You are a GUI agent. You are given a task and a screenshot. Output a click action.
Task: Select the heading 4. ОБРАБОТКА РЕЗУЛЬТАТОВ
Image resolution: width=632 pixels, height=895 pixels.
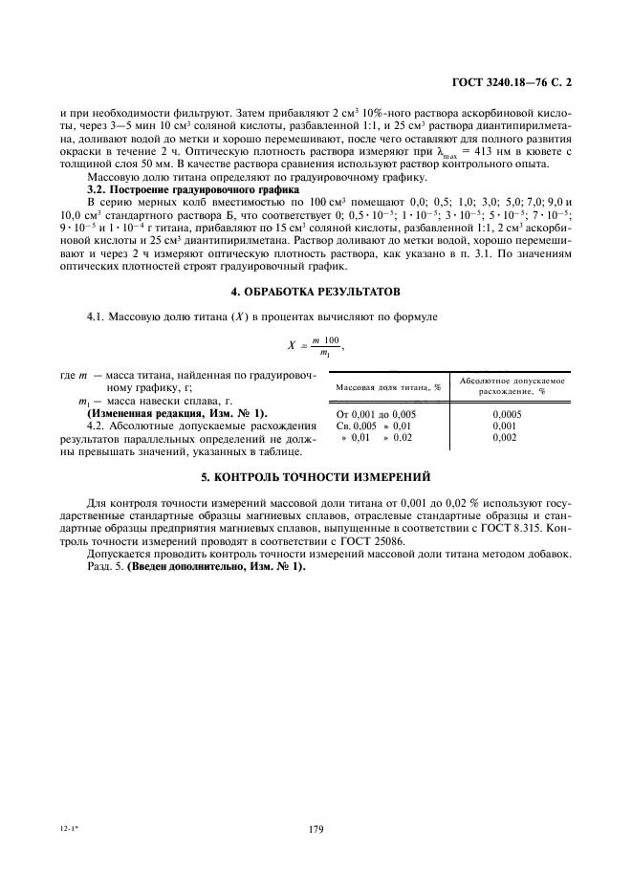pyautogui.click(x=316, y=290)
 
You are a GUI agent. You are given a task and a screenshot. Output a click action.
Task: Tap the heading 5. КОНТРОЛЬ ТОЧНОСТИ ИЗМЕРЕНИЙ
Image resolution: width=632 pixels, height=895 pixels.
pyautogui.click(x=316, y=475)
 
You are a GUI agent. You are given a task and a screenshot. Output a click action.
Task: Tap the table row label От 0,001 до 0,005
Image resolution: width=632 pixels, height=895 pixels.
pyautogui.click(x=372, y=413)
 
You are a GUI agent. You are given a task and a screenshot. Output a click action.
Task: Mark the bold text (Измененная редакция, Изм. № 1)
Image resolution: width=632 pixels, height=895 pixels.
pyautogui.click(x=178, y=412)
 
